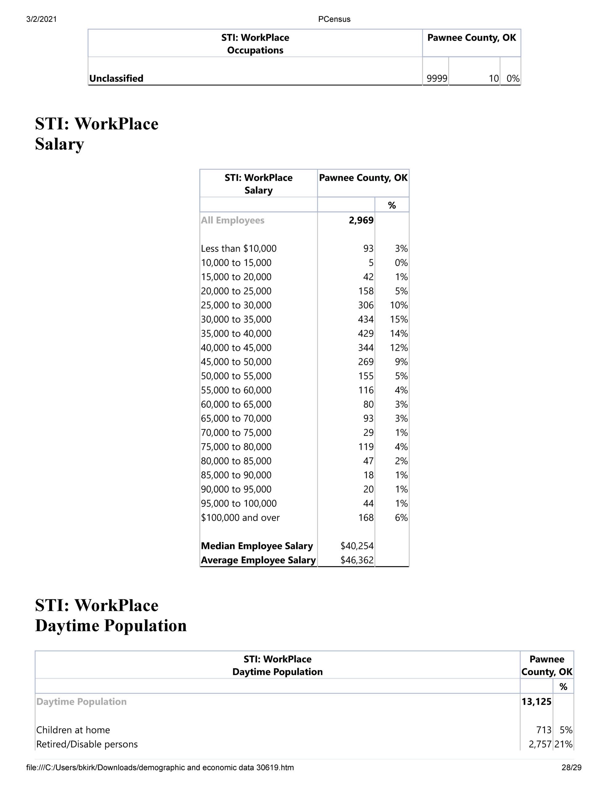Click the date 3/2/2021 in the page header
(41, 19)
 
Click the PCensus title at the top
(334, 19)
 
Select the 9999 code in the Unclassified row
(437, 79)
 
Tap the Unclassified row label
(116, 79)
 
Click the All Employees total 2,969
(361, 220)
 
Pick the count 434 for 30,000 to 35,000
(366, 319)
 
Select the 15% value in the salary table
(399, 319)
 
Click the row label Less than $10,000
(239, 249)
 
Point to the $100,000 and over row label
(240, 518)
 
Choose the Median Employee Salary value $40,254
(357, 546)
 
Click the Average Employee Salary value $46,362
(357, 560)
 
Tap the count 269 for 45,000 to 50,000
(366, 362)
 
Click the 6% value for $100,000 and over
(401, 518)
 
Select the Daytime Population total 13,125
(536, 702)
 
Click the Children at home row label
(73, 730)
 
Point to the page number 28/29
(571, 768)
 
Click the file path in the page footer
(160, 768)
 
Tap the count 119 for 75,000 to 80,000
(366, 447)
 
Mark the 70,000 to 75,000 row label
(236, 433)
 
